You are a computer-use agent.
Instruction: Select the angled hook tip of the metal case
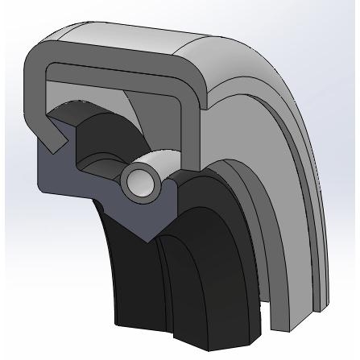55,144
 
